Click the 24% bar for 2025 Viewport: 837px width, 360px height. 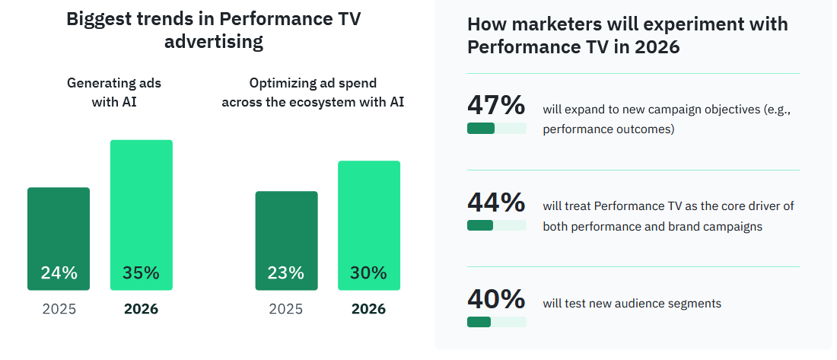pos(59,238)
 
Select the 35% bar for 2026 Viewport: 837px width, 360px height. pos(142,215)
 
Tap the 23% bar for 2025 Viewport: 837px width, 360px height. pos(286,240)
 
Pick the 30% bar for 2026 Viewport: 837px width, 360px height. pos(369,225)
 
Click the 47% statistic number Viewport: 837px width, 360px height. pos(496,105)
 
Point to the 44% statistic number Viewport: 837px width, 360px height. pos(496,202)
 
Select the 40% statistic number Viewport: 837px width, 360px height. pos(496,299)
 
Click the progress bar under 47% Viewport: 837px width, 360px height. pos(496,129)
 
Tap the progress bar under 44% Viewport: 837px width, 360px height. pos(496,225)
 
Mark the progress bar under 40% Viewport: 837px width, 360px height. pos(496,322)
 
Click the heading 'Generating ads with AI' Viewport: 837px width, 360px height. pos(114,92)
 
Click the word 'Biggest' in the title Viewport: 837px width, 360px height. pos(97,19)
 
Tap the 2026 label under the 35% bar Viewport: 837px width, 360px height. pos(141,310)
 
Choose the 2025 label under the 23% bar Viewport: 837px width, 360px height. pos(286,310)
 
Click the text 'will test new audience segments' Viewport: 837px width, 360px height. pos(632,304)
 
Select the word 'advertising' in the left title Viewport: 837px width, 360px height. pos(214,42)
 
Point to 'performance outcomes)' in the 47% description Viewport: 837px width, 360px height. pos(609,129)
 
